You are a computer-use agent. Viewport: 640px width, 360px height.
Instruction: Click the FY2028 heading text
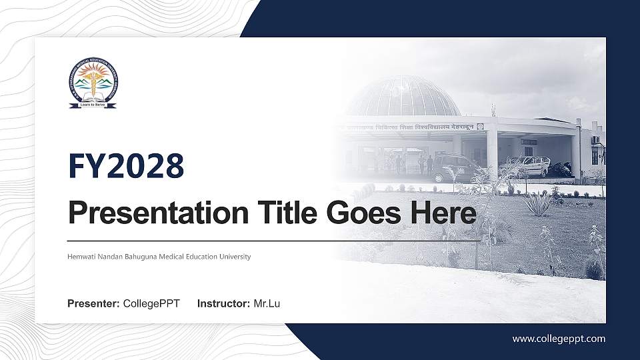click(126, 166)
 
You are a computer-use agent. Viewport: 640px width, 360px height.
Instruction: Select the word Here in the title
click(444, 213)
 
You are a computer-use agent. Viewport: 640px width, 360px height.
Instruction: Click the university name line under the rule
click(159, 257)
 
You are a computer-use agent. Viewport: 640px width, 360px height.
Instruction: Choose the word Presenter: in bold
click(93, 304)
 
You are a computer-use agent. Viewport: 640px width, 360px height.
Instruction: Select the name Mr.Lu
click(267, 304)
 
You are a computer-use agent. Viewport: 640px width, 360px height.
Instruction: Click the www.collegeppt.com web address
click(559, 339)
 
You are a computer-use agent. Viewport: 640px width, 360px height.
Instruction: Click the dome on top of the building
click(404, 97)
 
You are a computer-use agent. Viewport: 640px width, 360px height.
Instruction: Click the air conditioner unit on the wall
click(595, 140)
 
